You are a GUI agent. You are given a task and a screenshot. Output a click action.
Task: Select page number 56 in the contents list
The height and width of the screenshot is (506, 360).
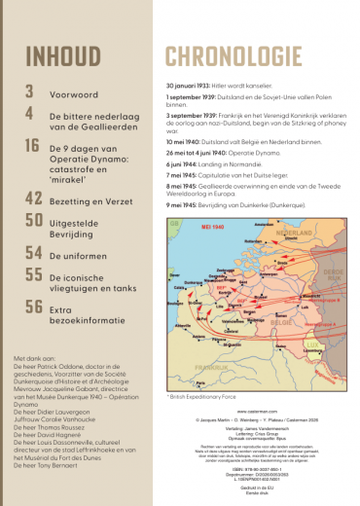(34, 307)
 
